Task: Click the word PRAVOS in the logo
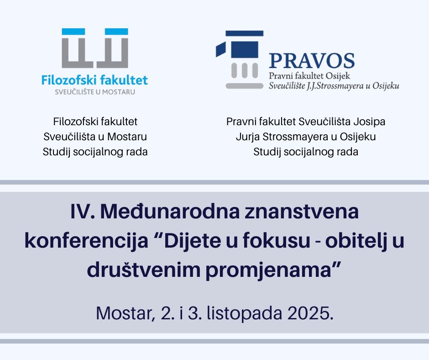point(312,61)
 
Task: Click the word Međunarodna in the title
point(170,212)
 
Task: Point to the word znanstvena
point(302,212)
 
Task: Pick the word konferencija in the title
point(86,241)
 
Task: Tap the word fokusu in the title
point(277,241)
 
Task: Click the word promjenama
point(268,270)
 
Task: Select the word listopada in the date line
point(244,313)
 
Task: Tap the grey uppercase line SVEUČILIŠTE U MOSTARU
point(95,92)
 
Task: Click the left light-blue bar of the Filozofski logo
point(73,32)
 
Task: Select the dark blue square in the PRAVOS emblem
point(245,50)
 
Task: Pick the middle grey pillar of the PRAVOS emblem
point(245,70)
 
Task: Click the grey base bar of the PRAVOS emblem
point(244,86)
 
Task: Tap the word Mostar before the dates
point(124,313)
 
